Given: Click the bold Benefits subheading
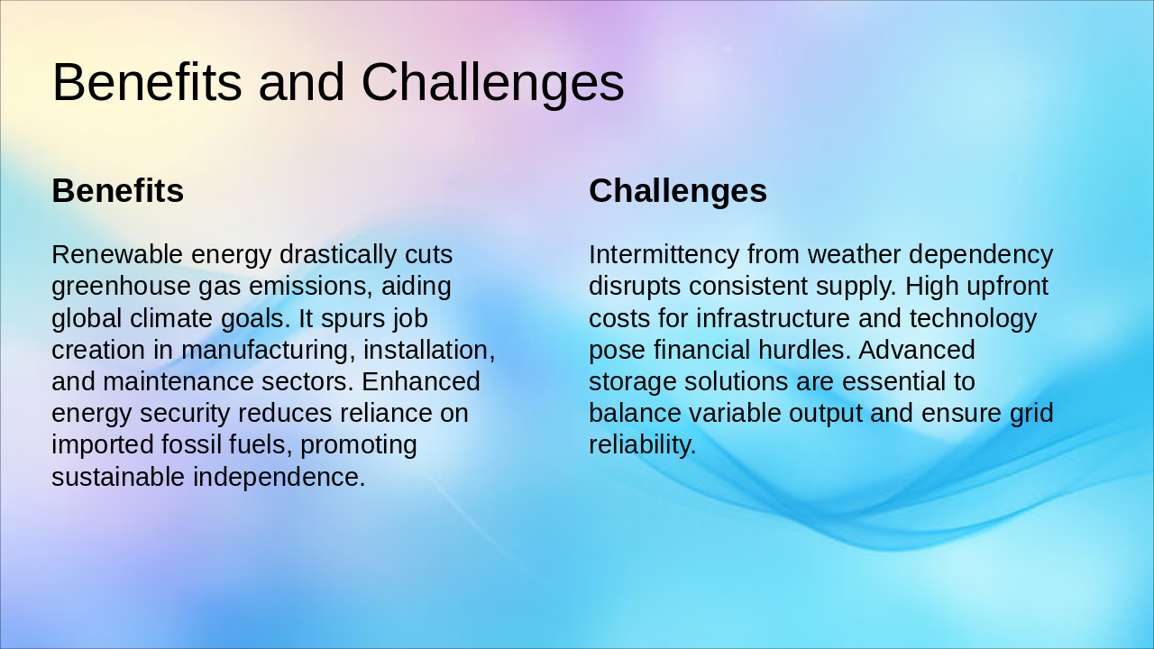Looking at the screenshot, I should click(117, 191).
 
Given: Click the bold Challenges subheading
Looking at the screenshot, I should click(677, 191).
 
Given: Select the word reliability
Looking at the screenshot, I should click(642, 444).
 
